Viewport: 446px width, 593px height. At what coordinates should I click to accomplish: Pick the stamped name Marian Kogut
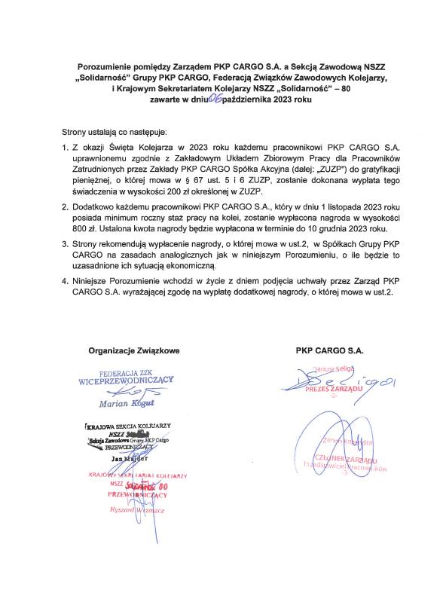pyautogui.click(x=125, y=403)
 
